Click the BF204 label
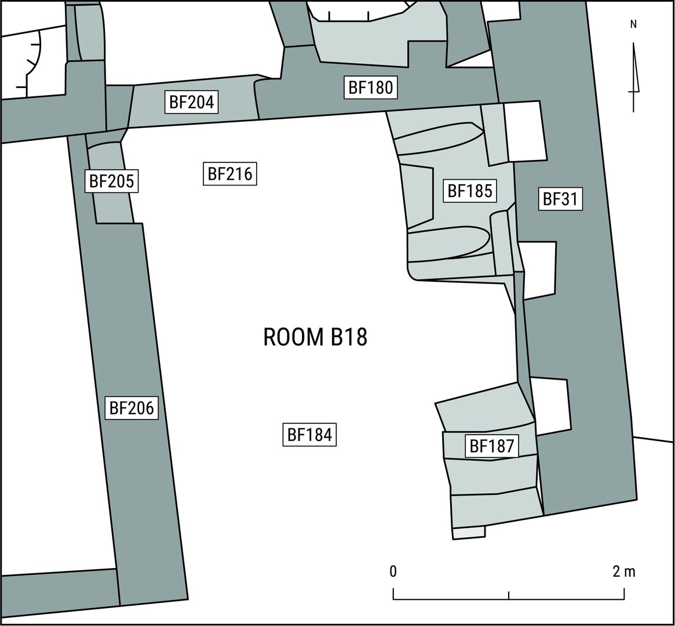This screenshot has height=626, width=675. click(192, 103)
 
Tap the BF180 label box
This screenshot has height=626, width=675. click(371, 88)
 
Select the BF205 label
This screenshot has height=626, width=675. click(111, 181)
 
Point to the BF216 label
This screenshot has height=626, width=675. click(230, 174)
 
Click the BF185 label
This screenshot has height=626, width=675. click(470, 191)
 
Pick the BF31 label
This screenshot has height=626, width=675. click(560, 199)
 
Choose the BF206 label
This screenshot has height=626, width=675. click(132, 407)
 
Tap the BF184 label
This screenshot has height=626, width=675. click(309, 435)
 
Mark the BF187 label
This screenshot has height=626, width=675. click(492, 446)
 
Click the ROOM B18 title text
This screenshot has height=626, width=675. click(315, 337)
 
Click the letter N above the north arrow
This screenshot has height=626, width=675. click(633, 24)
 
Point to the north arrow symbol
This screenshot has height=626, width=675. click(634, 78)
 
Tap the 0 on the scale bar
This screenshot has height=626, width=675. click(393, 572)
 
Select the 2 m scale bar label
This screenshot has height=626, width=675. click(624, 572)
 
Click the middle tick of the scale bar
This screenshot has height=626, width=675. click(509, 595)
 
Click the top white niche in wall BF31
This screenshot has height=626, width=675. click(524, 132)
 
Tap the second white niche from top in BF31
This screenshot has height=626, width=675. click(538, 270)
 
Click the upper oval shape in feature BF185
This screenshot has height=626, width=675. click(438, 138)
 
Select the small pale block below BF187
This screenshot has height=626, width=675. click(469, 533)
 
